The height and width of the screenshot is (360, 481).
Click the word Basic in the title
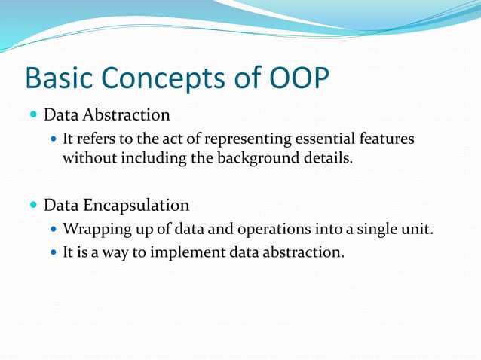coord(59,78)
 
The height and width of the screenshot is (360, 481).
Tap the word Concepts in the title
coord(163,79)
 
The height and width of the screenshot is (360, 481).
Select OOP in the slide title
coord(299,78)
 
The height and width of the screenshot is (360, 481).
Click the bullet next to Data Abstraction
coord(33,114)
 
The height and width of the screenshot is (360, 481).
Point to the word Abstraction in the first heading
coord(126,115)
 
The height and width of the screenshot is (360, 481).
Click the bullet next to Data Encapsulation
coord(33,205)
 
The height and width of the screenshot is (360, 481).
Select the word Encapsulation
coord(136,206)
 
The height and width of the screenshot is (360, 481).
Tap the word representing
coord(248,139)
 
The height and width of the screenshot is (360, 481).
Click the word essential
coord(325,139)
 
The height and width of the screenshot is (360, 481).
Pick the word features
coord(387,139)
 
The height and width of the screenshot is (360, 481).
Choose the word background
coord(258,158)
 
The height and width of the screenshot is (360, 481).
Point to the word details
coord(328,158)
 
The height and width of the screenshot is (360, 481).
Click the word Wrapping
coord(97,229)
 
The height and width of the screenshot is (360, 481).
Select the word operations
coord(274,229)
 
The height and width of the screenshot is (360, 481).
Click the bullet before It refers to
coord(54,139)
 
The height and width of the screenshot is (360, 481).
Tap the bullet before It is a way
coord(54,252)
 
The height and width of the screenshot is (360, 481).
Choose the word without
coord(90,158)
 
